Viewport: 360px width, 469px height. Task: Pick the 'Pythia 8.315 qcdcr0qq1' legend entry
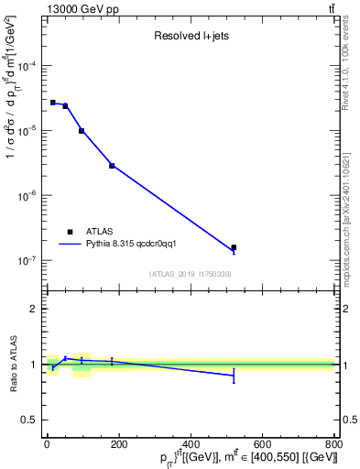click(136, 245)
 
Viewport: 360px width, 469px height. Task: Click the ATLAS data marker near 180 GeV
click(112, 166)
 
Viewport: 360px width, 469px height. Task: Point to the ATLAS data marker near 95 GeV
click(82, 131)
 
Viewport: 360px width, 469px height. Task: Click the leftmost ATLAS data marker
click(53, 103)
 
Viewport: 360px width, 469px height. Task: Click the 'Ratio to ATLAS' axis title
click(12, 365)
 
